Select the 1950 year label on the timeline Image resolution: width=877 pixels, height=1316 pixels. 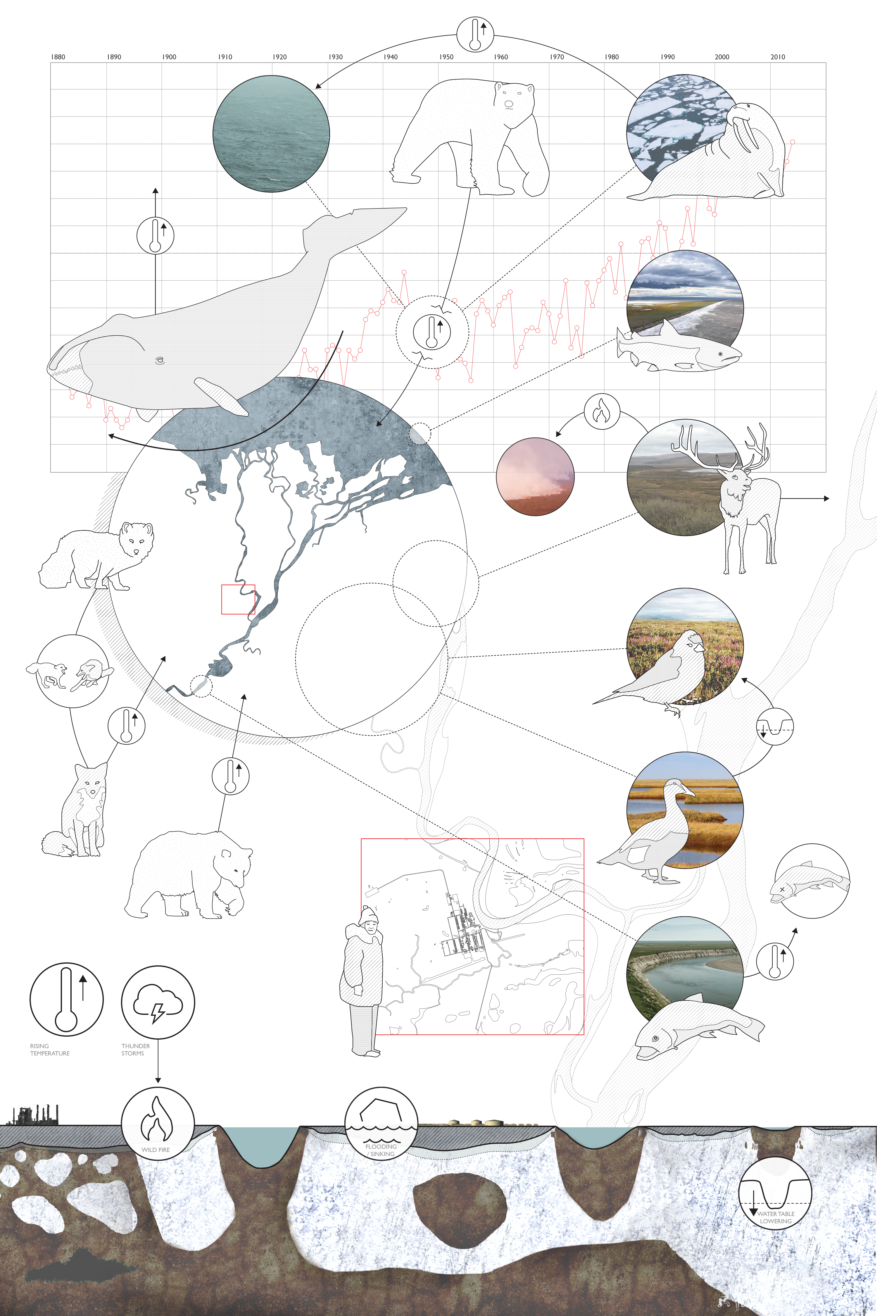tap(446, 57)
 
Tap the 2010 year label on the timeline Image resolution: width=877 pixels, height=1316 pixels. tap(777, 57)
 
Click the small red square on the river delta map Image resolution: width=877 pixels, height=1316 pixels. tap(238, 599)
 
